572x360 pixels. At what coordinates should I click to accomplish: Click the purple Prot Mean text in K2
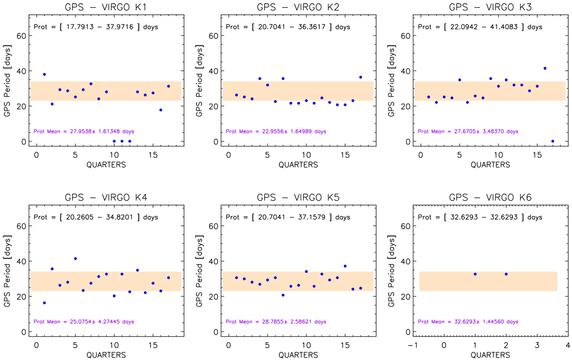[276, 131]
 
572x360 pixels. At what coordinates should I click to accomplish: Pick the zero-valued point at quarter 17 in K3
[552, 141]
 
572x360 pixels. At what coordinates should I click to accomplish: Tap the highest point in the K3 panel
[545, 68]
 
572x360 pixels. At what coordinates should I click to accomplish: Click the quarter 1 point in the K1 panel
[44, 74]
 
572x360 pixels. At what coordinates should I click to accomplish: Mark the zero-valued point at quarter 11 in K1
[122, 141]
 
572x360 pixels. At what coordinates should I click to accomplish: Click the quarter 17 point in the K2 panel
[360, 77]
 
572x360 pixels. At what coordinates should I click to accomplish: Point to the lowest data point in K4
[44, 303]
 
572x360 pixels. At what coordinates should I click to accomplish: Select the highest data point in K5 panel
[345, 266]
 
